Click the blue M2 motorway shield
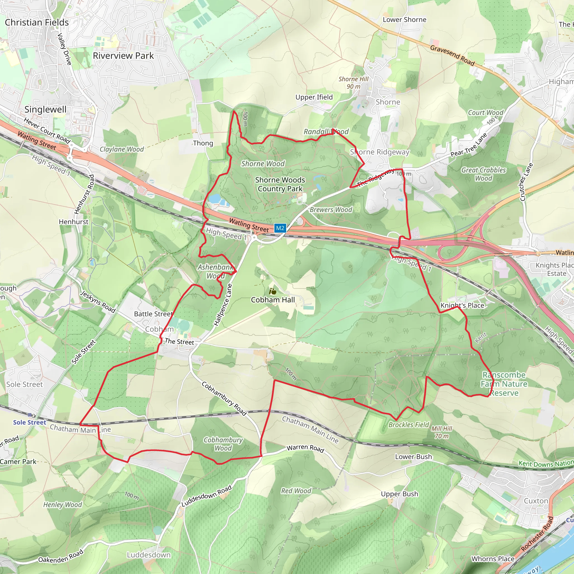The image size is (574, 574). pyautogui.click(x=280, y=228)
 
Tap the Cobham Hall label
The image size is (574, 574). pyautogui.click(x=273, y=300)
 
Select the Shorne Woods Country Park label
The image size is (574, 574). pyautogui.click(x=280, y=184)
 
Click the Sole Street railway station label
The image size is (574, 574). pyautogui.click(x=29, y=422)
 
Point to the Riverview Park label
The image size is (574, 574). pyautogui.click(x=123, y=55)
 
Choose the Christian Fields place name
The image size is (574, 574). pyautogui.click(x=37, y=22)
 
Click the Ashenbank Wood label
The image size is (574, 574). pyautogui.click(x=216, y=271)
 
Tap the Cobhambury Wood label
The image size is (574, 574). pyautogui.click(x=223, y=444)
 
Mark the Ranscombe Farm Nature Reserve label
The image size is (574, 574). pyautogui.click(x=504, y=384)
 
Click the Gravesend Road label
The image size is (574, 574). pyautogui.click(x=452, y=55)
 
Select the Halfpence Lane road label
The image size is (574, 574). pyautogui.click(x=223, y=305)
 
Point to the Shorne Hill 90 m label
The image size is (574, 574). pyautogui.click(x=353, y=83)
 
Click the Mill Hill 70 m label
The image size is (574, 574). pyautogui.click(x=441, y=432)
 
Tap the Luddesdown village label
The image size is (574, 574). pyautogui.click(x=149, y=555)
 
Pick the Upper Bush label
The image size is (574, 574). pyautogui.click(x=399, y=494)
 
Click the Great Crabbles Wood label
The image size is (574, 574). pyautogui.click(x=483, y=174)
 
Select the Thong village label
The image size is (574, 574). pyautogui.click(x=203, y=143)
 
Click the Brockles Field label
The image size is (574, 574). pyautogui.click(x=409, y=425)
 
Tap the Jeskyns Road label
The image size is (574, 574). pyautogui.click(x=98, y=302)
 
